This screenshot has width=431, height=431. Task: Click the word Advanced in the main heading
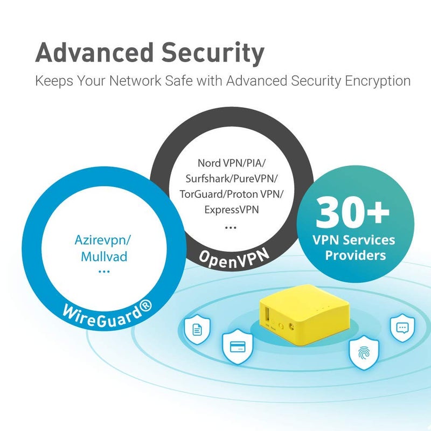pos(94,52)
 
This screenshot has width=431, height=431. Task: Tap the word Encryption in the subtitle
pos(378,81)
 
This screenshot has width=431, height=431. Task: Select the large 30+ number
pos(353,212)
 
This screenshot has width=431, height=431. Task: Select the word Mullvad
pos(104,257)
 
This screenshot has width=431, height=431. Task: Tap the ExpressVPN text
pos(232,210)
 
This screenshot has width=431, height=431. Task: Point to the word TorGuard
pos(201,194)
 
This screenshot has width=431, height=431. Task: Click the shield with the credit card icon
pos(238,347)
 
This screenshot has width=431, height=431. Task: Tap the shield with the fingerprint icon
pos(364,353)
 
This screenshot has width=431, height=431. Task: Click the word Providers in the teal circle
pos(356,255)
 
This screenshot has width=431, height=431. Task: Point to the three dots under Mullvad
pos(104,272)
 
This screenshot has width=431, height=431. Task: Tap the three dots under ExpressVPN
pos(231,227)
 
